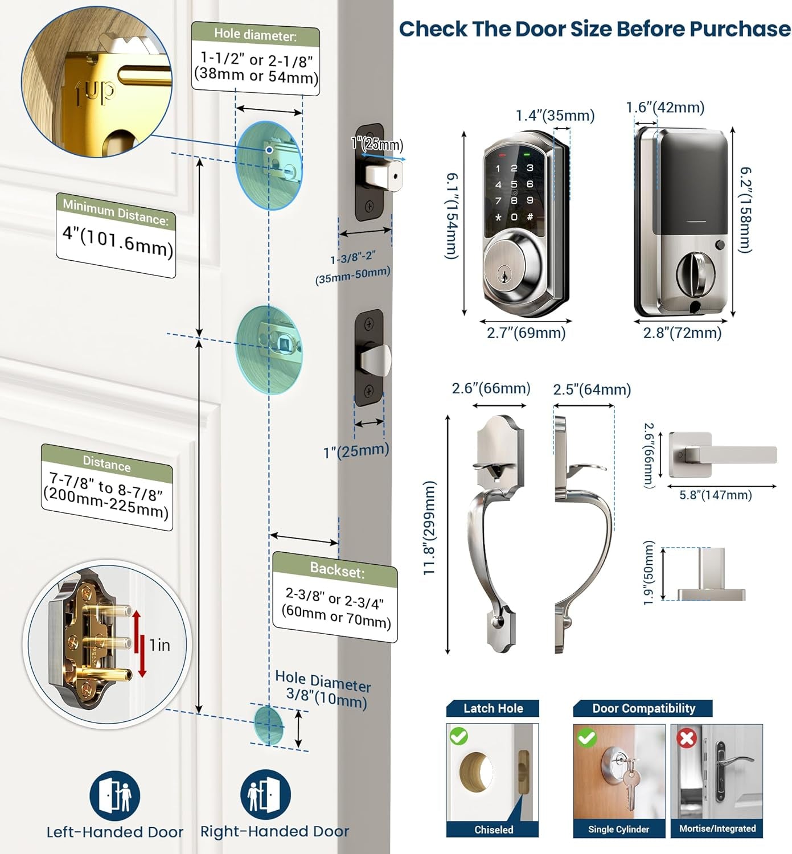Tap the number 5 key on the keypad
coord(514,184)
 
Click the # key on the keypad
coord(530,217)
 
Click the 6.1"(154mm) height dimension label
coord(451,216)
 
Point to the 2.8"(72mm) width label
coord(682,333)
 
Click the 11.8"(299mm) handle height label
coord(430,528)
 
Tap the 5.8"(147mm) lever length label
coord(715,495)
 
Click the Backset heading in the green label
coord(337,569)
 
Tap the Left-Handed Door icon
coord(114,795)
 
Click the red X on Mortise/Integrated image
coord(687,738)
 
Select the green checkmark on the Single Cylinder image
coord(586,738)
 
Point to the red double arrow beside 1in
coord(139,644)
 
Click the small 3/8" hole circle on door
coord(268,725)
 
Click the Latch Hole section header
coord(493,708)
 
